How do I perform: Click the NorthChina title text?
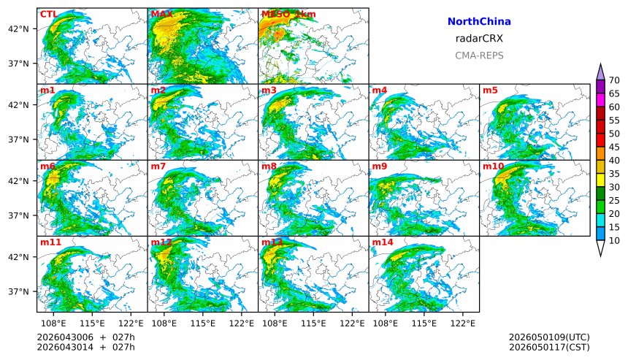[478, 22]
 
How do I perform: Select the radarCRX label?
[478, 39]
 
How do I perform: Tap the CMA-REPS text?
[478, 55]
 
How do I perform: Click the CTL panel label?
[48, 14]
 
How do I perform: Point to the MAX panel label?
[161, 14]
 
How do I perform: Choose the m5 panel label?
[490, 91]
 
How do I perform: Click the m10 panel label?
[493, 166]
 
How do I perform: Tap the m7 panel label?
[158, 166]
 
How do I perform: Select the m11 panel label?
[50, 242]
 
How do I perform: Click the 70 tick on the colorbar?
[614, 80]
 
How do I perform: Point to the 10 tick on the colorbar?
[614, 240]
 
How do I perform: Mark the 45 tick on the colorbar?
[614, 147]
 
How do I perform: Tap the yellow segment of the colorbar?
[600, 180]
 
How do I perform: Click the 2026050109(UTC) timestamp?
[549, 337]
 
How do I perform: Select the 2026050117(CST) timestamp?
[549, 347]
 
